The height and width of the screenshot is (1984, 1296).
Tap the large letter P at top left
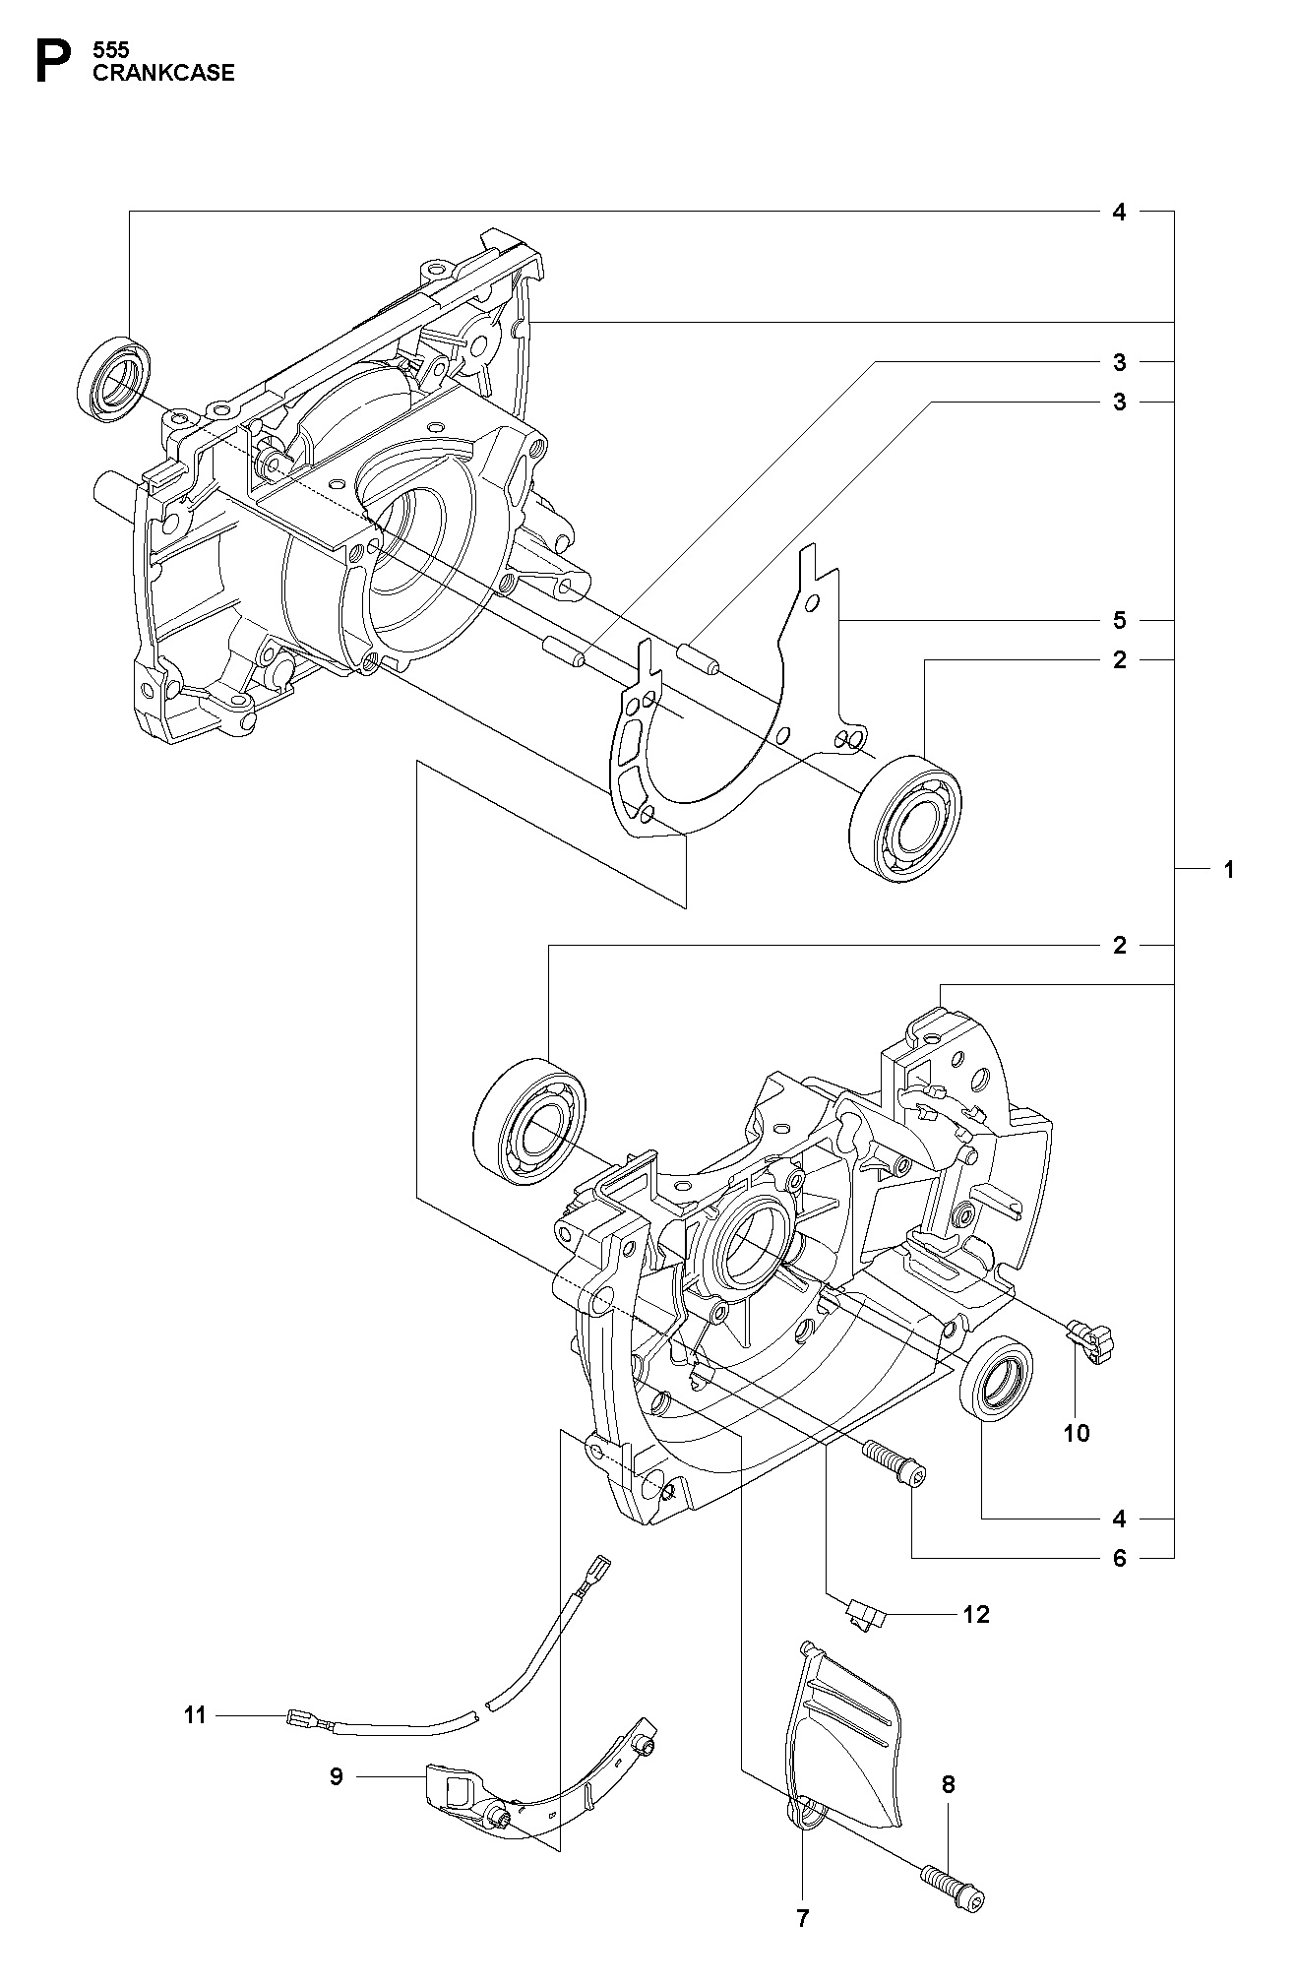54,61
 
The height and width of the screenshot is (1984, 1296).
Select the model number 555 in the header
109,48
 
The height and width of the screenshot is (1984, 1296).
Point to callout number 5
1119,620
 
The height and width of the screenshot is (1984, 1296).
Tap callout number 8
948,1783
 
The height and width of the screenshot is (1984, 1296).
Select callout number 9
336,1776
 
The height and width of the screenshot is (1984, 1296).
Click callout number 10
1077,1432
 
